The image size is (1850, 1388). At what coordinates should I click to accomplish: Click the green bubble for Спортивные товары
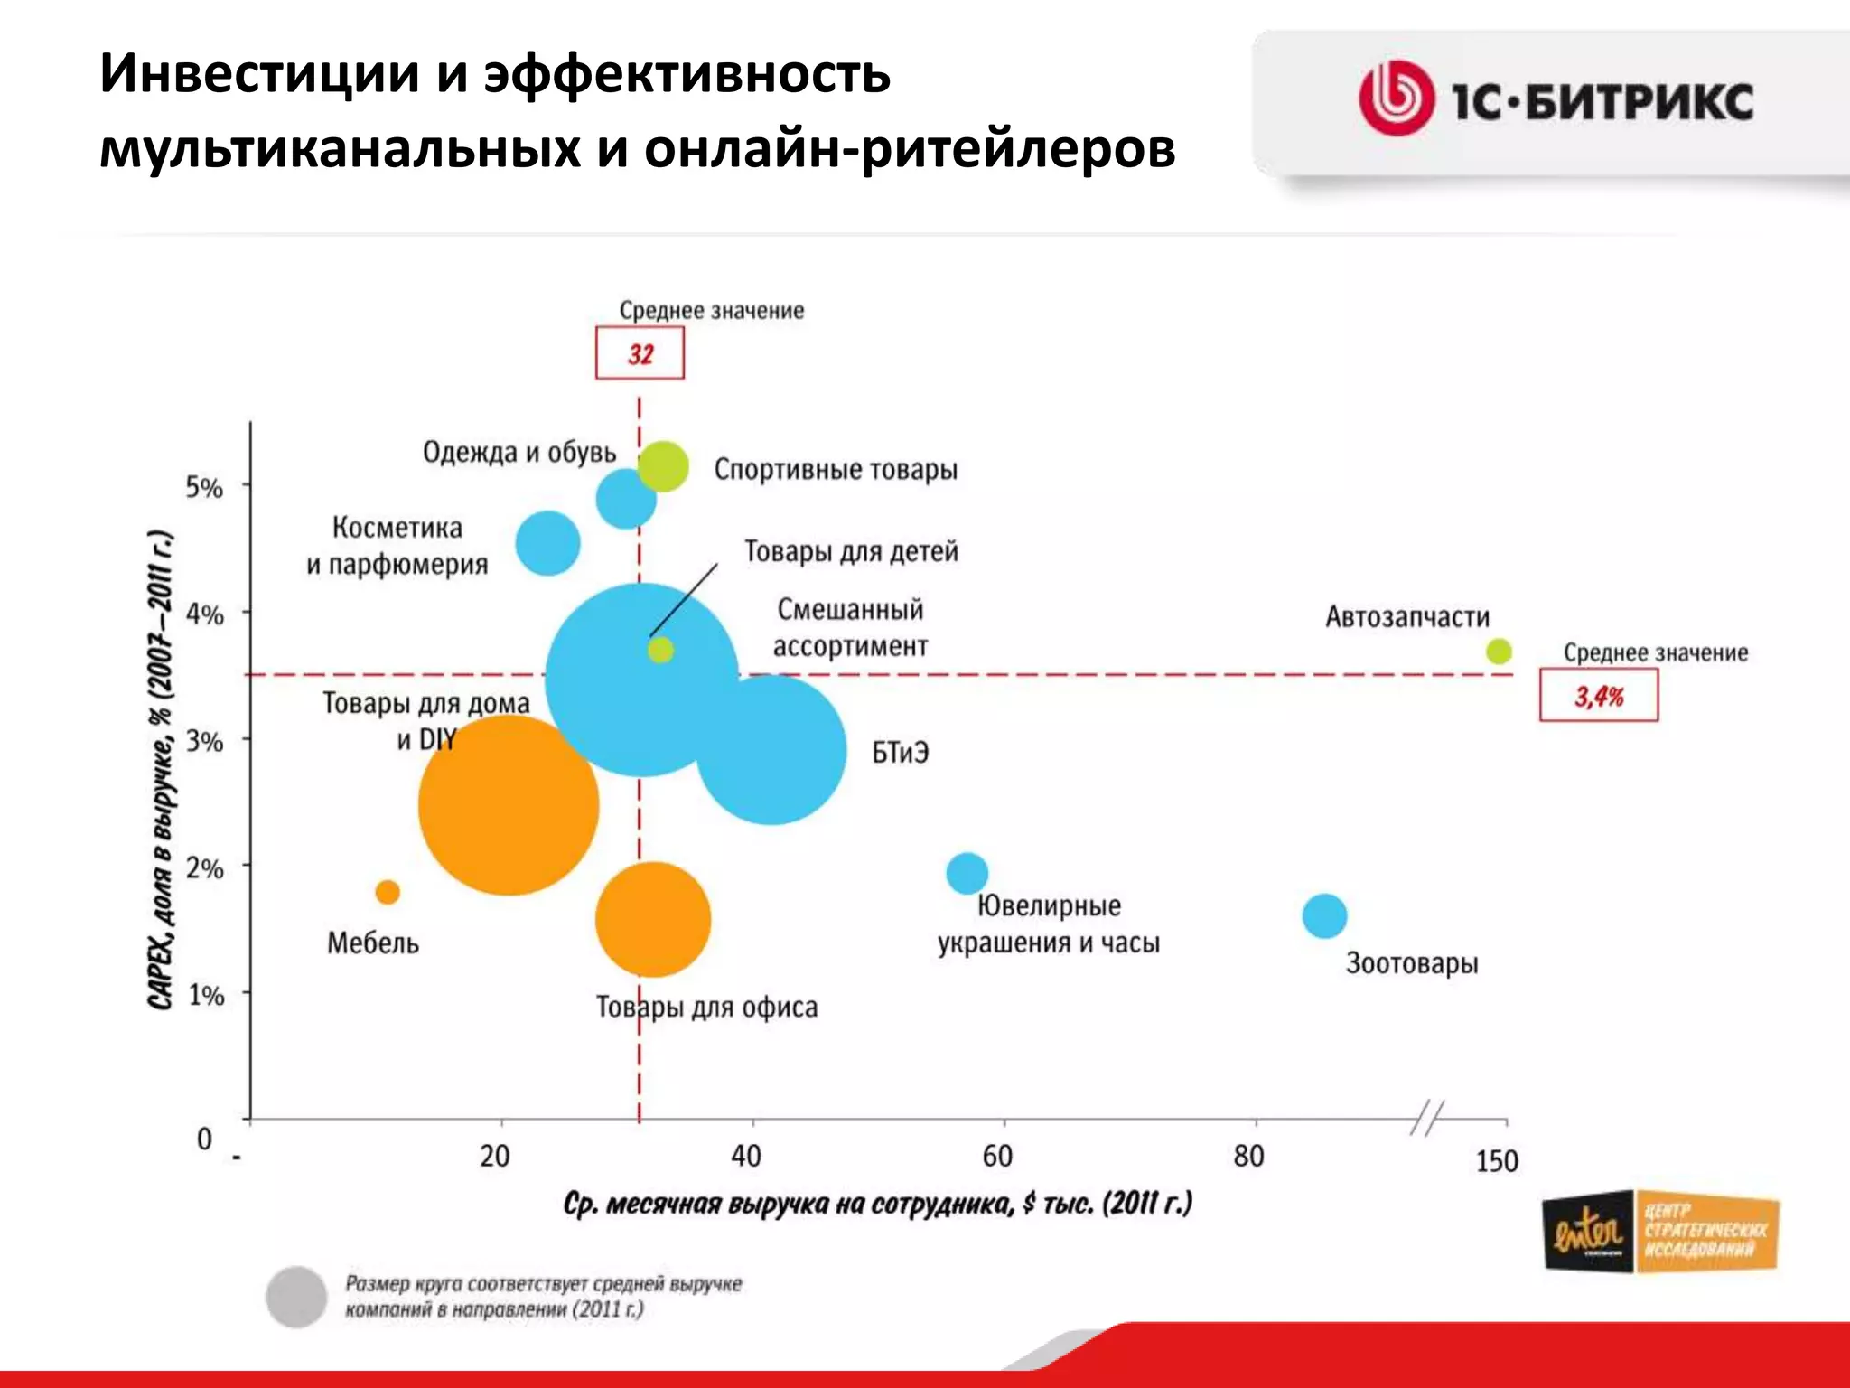(x=664, y=466)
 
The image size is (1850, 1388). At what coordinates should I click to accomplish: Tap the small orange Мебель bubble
(x=388, y=892)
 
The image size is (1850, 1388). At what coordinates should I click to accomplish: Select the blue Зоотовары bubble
(x=1324, y=916)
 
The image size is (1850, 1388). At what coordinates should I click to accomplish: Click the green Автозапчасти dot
(x=1499, y=651)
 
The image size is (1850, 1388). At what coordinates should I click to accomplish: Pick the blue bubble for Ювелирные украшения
(x=967, y=873)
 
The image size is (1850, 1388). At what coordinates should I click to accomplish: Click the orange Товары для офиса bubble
(x=653, y=920)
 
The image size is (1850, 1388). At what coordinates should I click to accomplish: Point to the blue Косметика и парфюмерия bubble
(x=547, y=543)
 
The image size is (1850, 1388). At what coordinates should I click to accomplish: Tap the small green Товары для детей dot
(x=661, y=650)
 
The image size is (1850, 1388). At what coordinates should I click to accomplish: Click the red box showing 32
(x=640, y=353)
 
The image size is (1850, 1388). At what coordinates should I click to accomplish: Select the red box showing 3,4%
(x=1599, y=696)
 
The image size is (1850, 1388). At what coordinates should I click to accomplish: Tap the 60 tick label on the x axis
(x=997, y=1156)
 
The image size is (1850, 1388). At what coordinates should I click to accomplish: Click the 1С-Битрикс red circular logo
(x=1396, y=98)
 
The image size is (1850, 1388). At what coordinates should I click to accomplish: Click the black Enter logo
(x=1587, y=1232)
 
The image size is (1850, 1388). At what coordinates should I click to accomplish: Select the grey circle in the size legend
(x=296, y=1297)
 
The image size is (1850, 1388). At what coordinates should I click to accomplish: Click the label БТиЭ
(x=900, y=753)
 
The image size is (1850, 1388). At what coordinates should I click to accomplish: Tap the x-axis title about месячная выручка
(x=877, y=1204)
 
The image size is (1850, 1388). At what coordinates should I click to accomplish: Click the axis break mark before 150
(x=1427, y=1118)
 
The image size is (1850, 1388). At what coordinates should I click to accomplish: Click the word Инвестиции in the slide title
(x=259, y=74)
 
